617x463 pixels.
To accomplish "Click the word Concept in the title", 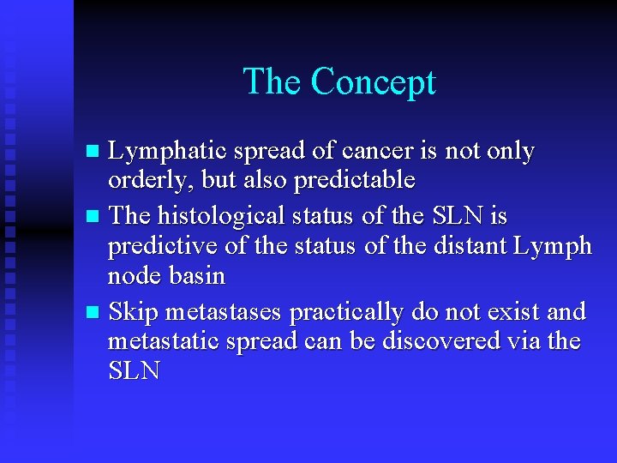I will point(373,82).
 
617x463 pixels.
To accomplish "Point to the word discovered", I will point(446,340).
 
